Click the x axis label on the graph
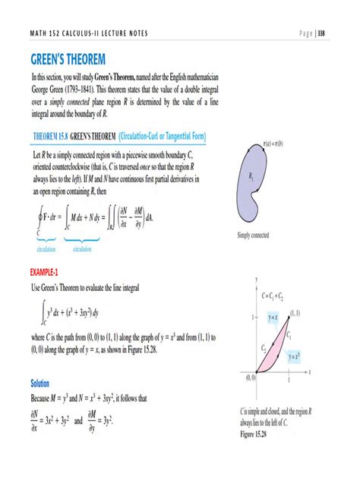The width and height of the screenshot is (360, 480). pyautogui.click(x=311, y=372)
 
